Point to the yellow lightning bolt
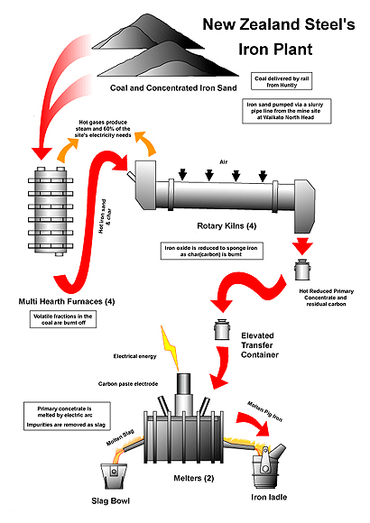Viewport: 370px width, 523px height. tap(171, 345)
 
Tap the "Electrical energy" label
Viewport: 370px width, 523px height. tap(133, 355)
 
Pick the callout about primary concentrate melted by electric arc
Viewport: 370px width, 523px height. tap(62, 414)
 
